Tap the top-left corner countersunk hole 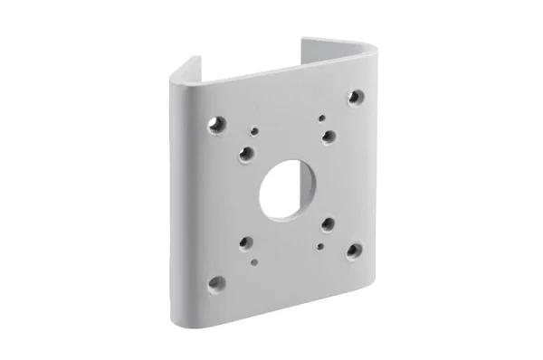[215, 125]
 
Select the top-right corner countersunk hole [355, 96]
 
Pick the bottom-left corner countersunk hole [216, 282]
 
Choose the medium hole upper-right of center [328, 136]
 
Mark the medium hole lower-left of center [245, 242]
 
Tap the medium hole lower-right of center [327, 223]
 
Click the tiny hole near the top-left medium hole [255, 132]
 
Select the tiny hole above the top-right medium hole [319, 117]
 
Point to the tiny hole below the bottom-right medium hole [319, 244]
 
